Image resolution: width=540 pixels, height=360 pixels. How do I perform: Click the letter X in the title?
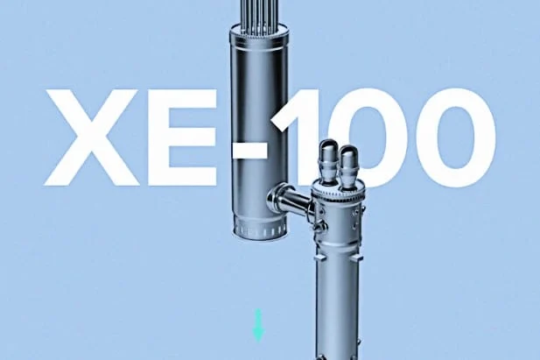coord(91,138)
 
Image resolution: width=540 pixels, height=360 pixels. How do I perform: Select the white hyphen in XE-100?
coord(249,152)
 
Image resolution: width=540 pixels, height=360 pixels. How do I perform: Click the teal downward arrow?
coord(258,326)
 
